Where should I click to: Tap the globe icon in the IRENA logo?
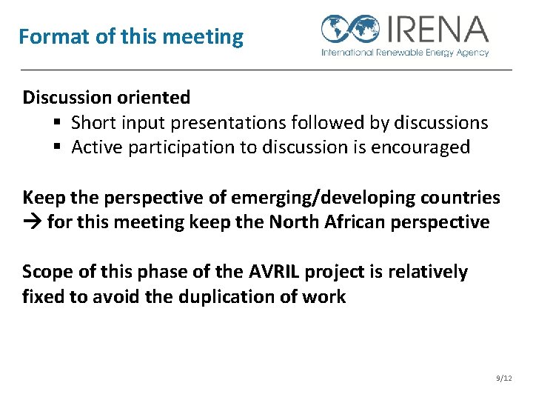[350, 30]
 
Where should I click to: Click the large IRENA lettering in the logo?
[436, 30]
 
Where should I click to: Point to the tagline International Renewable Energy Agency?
[405, 53]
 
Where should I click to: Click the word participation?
[181, 147]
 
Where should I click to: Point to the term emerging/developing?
[324, 198]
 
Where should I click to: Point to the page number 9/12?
[503, 379]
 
